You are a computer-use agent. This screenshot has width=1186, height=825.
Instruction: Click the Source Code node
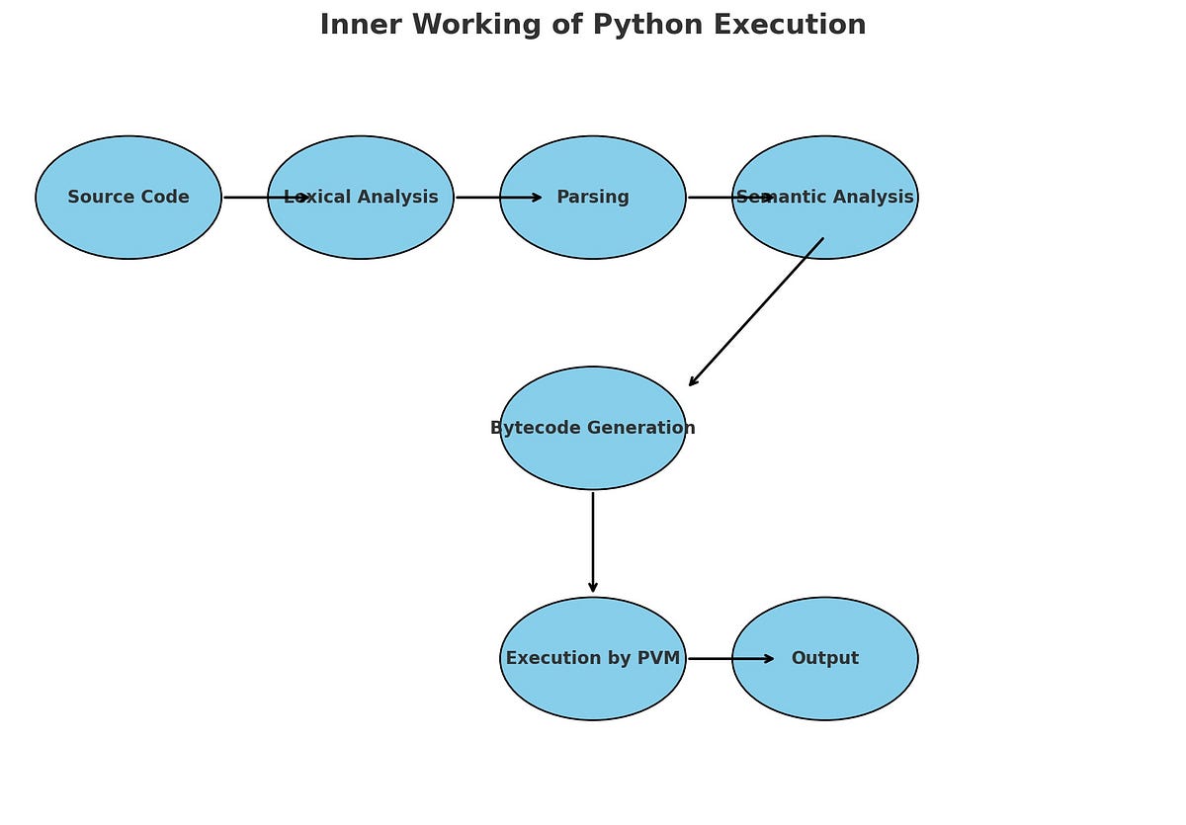pyautogui.click(x=128, y=198)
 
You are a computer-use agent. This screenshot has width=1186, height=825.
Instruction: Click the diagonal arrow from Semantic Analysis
pyautogui.click(x=756, y=312)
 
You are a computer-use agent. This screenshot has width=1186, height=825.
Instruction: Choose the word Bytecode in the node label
pyautogui.click(x=534, y=428)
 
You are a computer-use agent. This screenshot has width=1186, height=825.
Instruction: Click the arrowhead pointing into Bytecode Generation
pyautogui.click(x=694, y=381)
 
